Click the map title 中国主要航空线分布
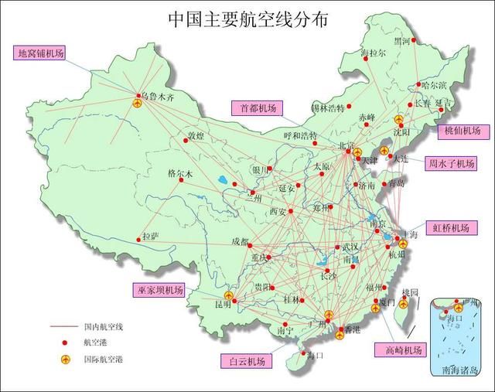[x=247, y=19]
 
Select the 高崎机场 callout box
[x=399, y=349]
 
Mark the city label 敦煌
[x=195, y=136]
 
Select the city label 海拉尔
[x=374, y=53]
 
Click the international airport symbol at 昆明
[x=228, y=295]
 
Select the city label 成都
[x=240, y=242]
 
